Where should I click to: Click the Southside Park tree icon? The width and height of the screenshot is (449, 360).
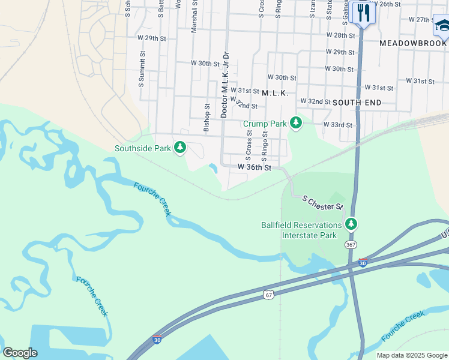pos(179,148)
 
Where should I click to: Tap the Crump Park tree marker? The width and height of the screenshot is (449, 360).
pos(295,124)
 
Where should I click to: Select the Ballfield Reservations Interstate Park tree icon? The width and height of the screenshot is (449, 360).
pos(351,225)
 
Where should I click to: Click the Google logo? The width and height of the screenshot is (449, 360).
pos(20,353)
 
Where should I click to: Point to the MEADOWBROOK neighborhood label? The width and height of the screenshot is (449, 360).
pos(413,43)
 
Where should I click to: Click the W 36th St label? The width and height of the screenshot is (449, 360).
pos(255,167)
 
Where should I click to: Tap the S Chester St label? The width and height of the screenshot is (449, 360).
pos(322,202)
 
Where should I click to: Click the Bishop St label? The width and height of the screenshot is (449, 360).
pos(206,118)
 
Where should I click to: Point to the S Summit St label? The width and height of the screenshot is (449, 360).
pos(142,69)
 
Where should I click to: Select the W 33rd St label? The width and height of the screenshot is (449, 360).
pos(337,125)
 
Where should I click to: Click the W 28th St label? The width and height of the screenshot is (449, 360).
pos(341,35)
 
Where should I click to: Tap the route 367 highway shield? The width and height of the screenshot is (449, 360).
pos(351,245)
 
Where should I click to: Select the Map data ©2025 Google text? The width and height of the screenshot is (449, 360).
pos(412,355)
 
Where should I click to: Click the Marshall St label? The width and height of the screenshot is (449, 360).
pos(194,16)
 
